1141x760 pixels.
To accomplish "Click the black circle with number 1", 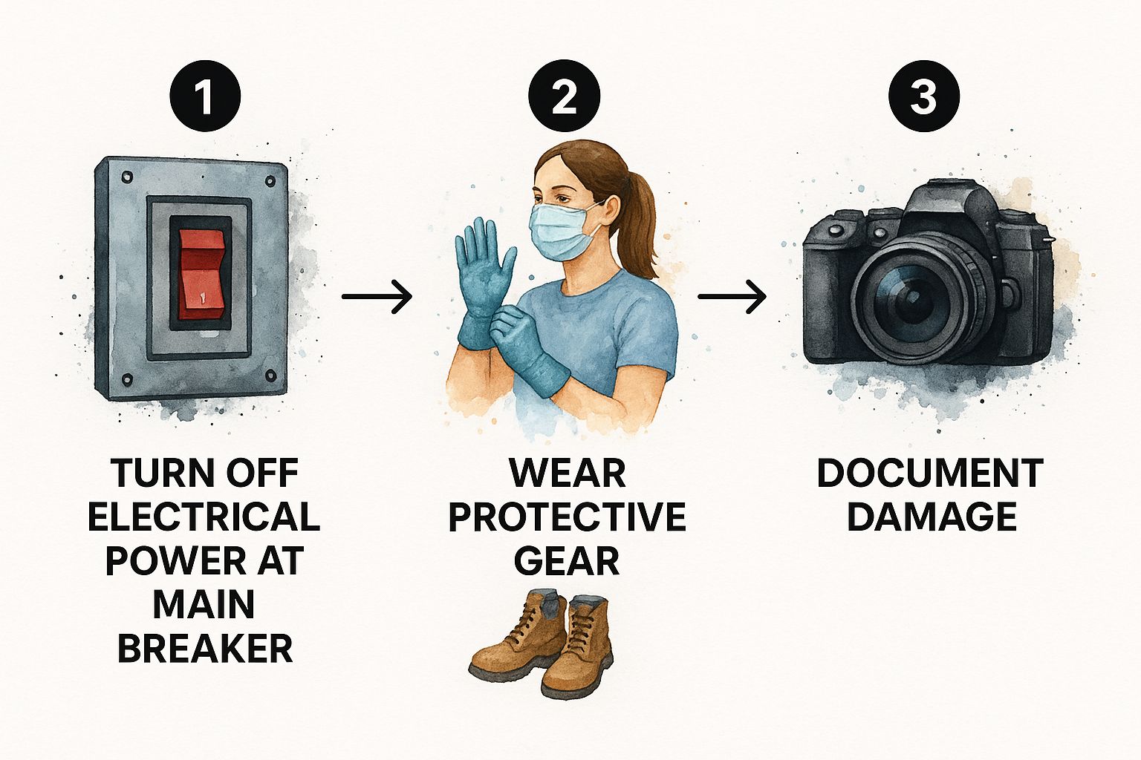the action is click(205, 96).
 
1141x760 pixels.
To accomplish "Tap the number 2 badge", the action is click(564, 96).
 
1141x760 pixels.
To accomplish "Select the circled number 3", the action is click(924, 96).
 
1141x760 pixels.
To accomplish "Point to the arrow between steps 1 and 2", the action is click(377, 295).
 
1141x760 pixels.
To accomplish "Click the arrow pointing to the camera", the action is click(732, 295).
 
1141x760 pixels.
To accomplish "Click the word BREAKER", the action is click(205, 648).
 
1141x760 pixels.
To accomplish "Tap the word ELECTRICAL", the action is click(204, 517).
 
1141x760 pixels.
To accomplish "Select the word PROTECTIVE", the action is click(567, 517).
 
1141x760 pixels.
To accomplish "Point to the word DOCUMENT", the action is click(930, 473).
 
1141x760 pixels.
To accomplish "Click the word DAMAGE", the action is click(932, 517).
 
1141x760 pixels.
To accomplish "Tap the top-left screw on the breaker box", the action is click(127, 177).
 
